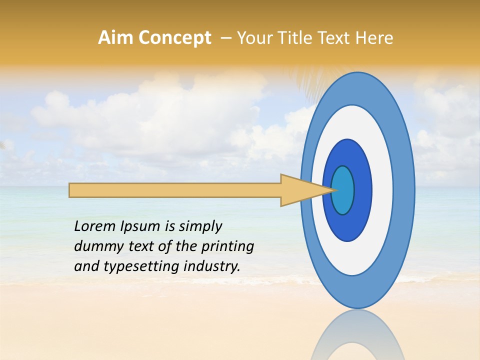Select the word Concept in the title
174,38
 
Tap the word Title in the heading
296,38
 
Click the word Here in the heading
374,38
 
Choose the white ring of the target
382,190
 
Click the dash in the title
225,38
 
